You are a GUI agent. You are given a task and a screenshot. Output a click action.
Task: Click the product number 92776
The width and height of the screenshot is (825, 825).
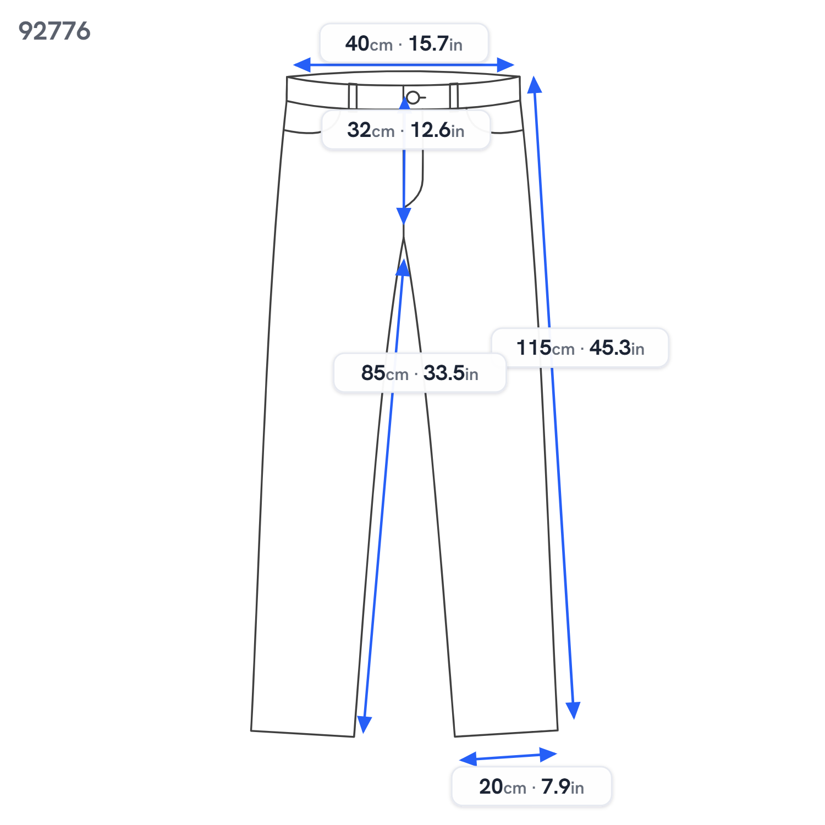(x=54, y=31)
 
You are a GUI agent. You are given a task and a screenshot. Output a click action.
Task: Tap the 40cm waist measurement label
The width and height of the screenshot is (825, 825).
(x=404, y=43)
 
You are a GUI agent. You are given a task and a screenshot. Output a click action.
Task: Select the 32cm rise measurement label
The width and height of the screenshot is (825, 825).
(x=406, y=130)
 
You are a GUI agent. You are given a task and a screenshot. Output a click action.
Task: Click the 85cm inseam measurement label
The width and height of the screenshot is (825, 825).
(x=420, y=373)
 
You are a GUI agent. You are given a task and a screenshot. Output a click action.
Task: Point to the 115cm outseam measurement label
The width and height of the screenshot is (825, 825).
(x=580, y=348)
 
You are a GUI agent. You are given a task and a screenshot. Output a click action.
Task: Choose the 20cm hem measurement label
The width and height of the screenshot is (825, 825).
(x=531, y=787)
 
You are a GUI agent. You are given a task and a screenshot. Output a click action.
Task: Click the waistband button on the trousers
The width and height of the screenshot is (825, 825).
(x=413, y=98)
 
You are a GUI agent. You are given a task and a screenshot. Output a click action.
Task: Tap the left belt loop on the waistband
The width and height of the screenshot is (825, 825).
(x=353, y=96)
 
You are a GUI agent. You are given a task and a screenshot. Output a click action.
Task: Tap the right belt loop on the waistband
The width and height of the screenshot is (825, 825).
(x=454, y=96)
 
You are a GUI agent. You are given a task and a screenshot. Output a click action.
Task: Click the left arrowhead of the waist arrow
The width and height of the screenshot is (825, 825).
(x=302, y=65)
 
